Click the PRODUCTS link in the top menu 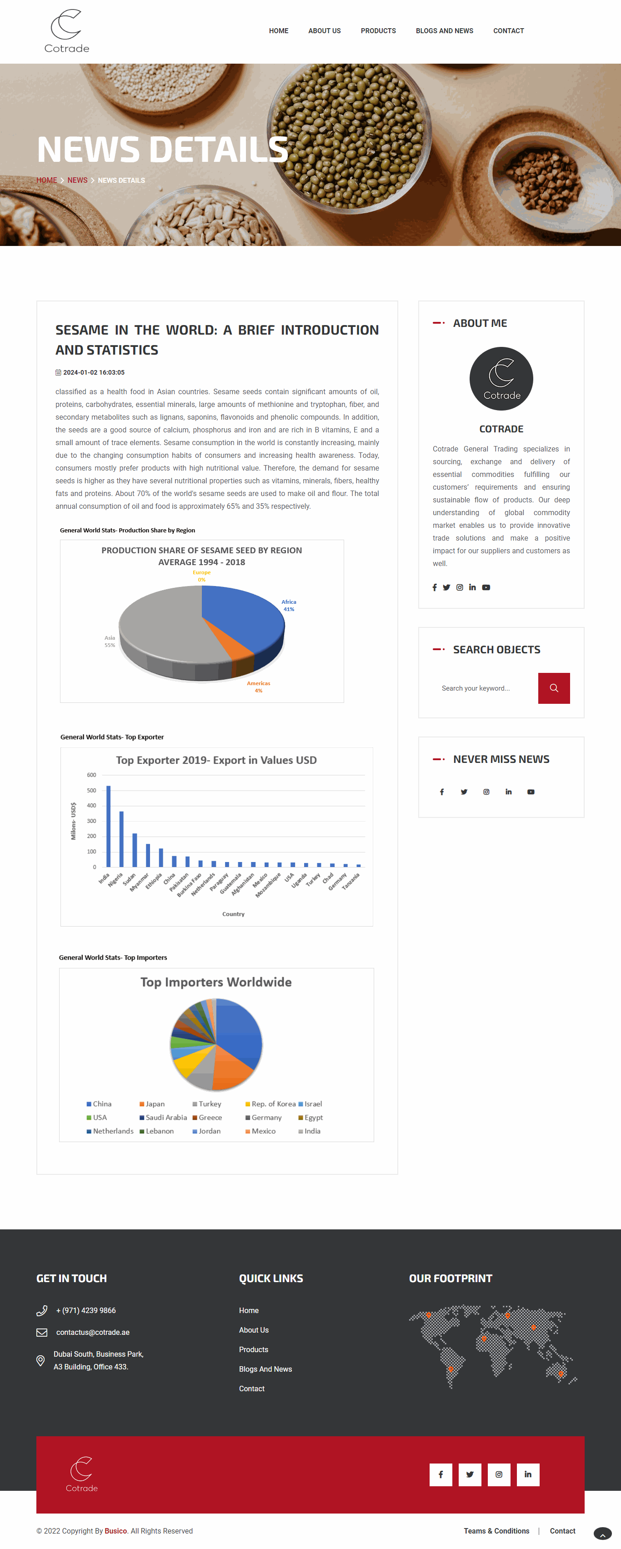pyautogui.click(x=378, y=30)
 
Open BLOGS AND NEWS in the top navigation pyautogui.click(x=444, y=30)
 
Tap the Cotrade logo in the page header pyautogui.click(x=67, y=31)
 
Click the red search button pyautogui.click(x=554, y=688)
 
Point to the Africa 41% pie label pyautogui.click(x=289, y=605)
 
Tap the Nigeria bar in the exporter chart pyautogui.click(x=121, y=839)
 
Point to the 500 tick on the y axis pyautogui.click(x=91, y=790)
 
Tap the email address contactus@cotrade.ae pyautogui.click(x=93, y=1332)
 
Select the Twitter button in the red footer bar pyautogui.click(x=470, y=1474)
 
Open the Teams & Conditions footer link pyautogui.click(x=496, y=1530)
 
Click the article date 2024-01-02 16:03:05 pyautogui.click(x=93, y=372)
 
